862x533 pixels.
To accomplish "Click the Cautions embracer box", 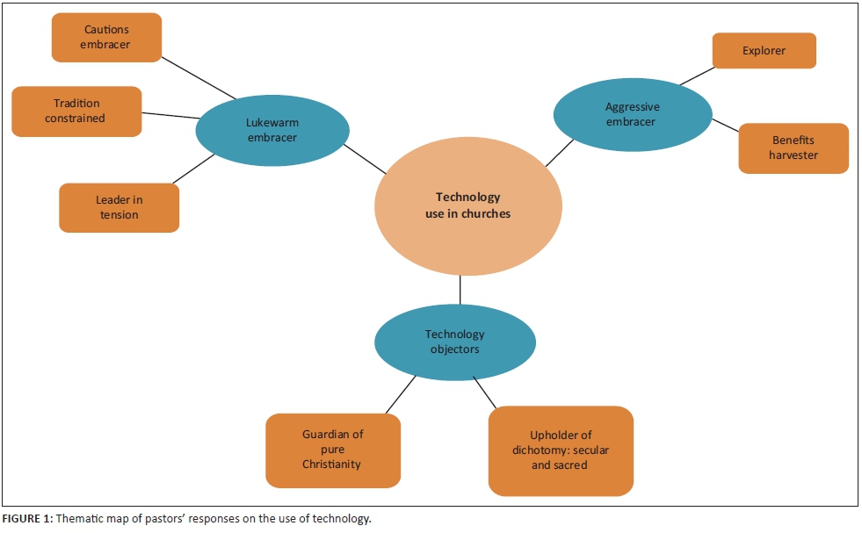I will point(105,38).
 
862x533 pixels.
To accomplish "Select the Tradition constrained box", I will point(76,112).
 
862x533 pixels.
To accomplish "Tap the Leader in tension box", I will point(119,208).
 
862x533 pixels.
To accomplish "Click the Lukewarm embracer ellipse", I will point(272,130).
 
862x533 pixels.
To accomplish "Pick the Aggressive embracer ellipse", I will point(631,114).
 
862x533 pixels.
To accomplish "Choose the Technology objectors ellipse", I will point(454,342).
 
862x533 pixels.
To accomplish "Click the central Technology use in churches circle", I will point(467,205).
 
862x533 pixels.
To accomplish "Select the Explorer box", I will point(764,51).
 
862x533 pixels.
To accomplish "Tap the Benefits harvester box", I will point(793,148).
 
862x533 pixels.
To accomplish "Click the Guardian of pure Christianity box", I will point(333,450).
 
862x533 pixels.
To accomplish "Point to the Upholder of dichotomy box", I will point(560,450).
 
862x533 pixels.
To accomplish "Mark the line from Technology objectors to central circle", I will point(460,290).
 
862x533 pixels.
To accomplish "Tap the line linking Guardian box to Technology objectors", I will point(400,394).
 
